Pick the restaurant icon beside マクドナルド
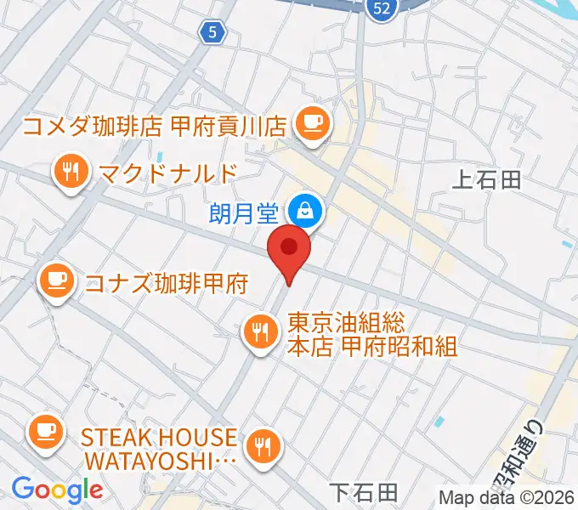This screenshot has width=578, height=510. pyautogui.click(x=71, y=173)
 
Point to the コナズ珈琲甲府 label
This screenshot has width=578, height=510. pyautogui.click(x=166, y=282)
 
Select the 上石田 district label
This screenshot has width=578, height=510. pyautogui.click(x=487, y=179)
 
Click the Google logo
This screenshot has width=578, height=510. pyautogui.click(x=56, y=490)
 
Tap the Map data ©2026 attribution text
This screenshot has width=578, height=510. pyautogui.click(x=506, y=497)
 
